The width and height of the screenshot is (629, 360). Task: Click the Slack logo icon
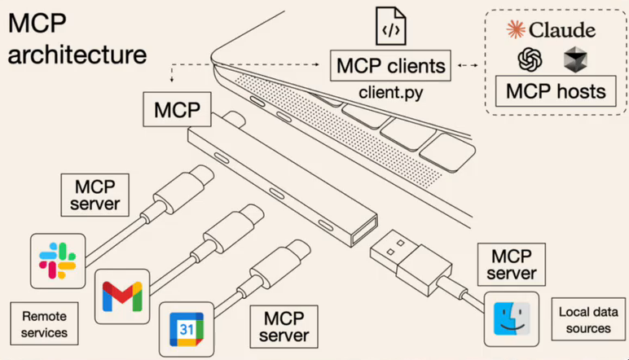[x=57, y=258]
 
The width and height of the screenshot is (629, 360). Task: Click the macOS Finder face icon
[x=511, y=318]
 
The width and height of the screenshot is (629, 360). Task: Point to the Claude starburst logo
[x=516, y=30]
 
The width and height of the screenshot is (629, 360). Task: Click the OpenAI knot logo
[x=531, y=59]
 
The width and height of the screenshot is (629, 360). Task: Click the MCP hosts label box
[x=556, y=90]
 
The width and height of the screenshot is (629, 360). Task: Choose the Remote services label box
[x=44, y=323]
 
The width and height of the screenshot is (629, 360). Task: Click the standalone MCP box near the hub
[x=175, y=108]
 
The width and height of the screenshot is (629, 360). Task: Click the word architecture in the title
[x=78, y=55]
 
